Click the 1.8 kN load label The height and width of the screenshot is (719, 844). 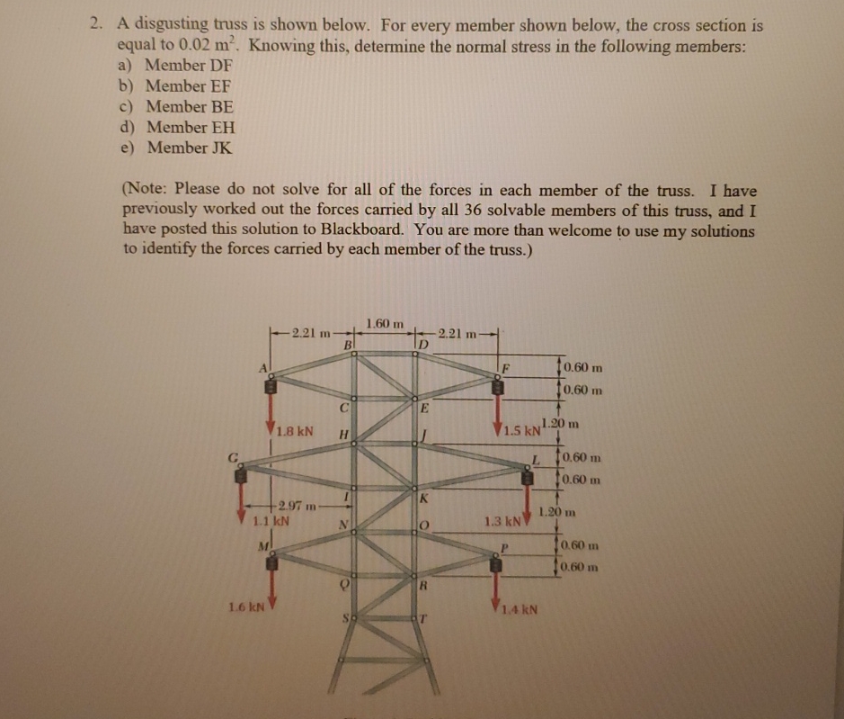point(295,430)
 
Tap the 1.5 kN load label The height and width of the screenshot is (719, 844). point(520,429)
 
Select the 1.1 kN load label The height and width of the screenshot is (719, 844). point(270,520)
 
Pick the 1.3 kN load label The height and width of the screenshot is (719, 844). point(502,520)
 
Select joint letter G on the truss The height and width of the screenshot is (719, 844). point(233,456)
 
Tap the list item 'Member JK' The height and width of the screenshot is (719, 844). point(189,147)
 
